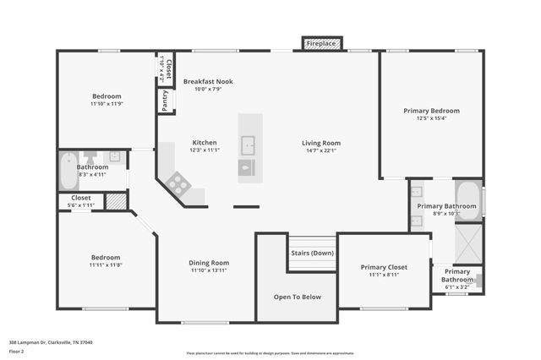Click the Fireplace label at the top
click(x=320, y=42)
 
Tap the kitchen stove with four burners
click(x=178, y=182)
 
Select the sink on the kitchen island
click(x=248, y=142)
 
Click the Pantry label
click(x=164, y=100)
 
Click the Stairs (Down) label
click(x=312, y=253)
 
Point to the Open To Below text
click(x=298, y=297)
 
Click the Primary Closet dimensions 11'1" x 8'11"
click(x=384, y=275)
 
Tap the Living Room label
click(x=321, y=143)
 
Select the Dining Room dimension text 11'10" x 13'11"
click(x=209, y=270)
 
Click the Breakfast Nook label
click(x=208, y=81)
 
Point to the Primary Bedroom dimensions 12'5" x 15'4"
click(x=431, y=118)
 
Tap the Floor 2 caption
click(x=16, y=350)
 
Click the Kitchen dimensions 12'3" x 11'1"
click(x=205, y=150)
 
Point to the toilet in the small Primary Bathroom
click(x=478, y=279)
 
